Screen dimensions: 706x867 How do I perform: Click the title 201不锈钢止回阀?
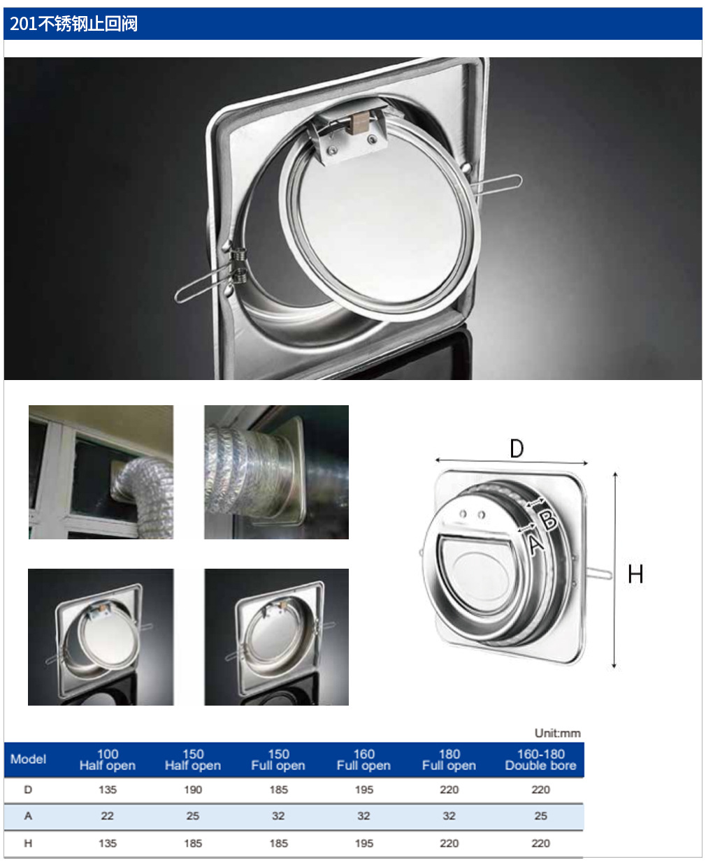click(x=73, y=24)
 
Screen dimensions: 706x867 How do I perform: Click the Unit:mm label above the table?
click(x=557, y=733)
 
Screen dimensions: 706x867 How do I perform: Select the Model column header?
click(x=28, y=759)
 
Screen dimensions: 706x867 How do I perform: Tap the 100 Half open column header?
click(x=108, y=759)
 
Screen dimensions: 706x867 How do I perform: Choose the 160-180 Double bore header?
click(x=541, y=759)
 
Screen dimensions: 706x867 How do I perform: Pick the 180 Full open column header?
click(x=449, y=759)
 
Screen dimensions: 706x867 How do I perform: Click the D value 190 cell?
click(x=193, y=789)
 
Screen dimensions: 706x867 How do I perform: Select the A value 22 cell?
click(x=108, y=816)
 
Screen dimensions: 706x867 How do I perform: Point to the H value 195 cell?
click(x=364, y=843)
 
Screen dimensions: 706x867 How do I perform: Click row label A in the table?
click(x=28, y=816)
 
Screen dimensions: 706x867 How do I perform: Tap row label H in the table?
click(x=28, y=843)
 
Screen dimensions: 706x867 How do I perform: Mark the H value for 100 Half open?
click(x=108, y=843)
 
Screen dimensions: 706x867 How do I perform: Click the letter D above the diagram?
click(x=517, y=449)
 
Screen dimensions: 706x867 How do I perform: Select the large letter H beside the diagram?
click(x=635, y=574)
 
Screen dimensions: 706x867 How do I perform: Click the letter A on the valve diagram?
click(x=536, y=543)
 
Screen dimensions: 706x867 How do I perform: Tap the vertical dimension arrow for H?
click(x=615, y=570)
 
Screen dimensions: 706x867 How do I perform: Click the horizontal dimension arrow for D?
click(x=512, y=461)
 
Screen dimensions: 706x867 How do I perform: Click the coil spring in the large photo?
click(x=238, y=265)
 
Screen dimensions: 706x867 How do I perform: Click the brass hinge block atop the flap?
click(x=359, y=122)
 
